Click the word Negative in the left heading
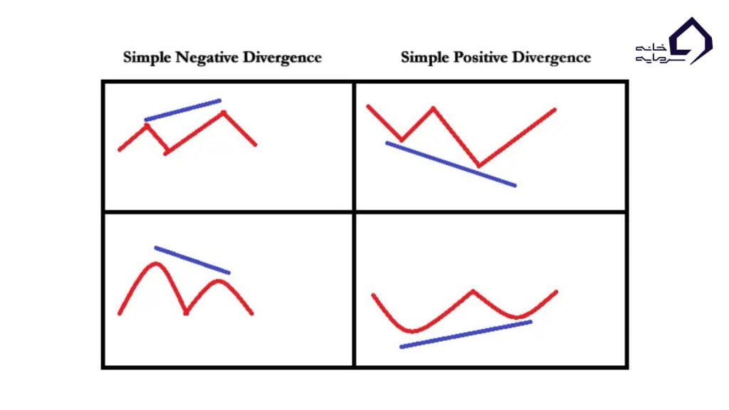pyautogui.click(x=202, y=57)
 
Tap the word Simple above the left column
pyautogui.click(x=145, y=57)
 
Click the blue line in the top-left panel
pyautogui.click(x=183, y=110)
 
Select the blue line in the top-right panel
pyautogui.click(x=450, y=164)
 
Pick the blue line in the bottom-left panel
pyautogui.click(x=192, y=260)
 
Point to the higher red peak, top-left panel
pyautogui.click(x=224, y=112)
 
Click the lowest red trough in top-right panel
pyautogui.click(x=478, y=166)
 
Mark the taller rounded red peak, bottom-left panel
pyautogui.click(x=154, y=264)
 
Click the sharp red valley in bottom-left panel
pyautogui.click(x=186, y=312)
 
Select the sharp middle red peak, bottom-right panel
pyautogui.click(x=472, y=290)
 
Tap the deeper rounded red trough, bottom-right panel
pyautogui.click(x=414, y=330)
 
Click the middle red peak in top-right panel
pyautogui.click(x=432, y=108)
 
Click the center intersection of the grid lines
pyautogui.click(x=354, y=211)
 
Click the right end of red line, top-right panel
pyautogui.click(x=554, y=109)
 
